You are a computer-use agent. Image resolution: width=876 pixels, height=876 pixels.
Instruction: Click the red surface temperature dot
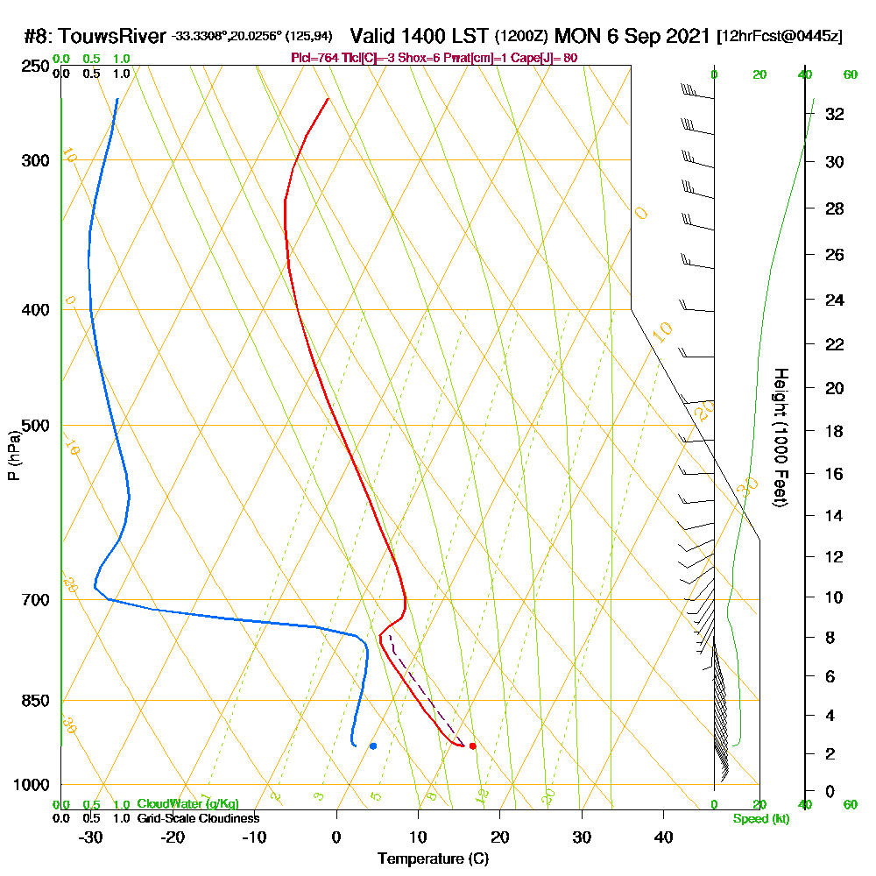[x=472, y=745]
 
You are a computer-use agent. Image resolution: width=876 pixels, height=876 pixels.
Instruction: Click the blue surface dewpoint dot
[x=373, y=746]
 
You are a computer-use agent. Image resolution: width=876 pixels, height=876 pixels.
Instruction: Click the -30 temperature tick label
[x=91, y=837]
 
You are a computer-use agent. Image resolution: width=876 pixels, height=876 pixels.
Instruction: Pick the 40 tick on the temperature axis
[x=663, y=837]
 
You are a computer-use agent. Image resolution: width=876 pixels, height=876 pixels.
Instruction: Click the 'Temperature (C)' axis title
[x=433, y=858]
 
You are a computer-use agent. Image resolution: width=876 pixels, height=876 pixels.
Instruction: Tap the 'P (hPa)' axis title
[x=13, y=455]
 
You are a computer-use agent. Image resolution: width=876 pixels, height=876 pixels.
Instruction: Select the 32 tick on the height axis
[x=834, y=114]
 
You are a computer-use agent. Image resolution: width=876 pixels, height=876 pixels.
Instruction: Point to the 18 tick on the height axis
[x=834, y=431]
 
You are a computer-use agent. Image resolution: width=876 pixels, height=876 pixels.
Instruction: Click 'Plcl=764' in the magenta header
[x=316, y=58]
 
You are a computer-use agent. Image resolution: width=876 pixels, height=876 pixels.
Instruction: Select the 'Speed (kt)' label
[x=760, y=818]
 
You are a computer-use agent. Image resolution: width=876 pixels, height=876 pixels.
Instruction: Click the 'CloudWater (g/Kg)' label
[x=187, y=804]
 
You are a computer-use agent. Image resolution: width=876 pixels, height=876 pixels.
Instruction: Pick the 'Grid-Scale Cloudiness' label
[x=197, y=818]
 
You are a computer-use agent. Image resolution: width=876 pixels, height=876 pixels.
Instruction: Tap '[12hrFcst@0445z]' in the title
[x=780, y=37]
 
